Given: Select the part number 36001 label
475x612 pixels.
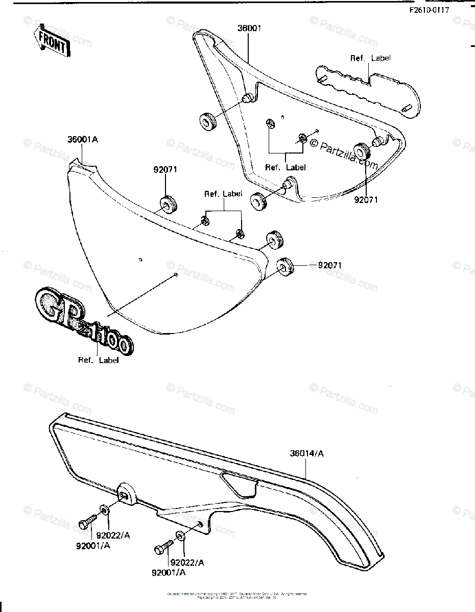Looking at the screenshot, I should [249, 29].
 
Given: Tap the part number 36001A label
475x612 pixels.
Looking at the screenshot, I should [82, 139].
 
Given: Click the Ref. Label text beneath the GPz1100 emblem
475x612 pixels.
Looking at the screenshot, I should [98, 360].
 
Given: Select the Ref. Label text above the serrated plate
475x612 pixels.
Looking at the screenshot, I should [370, 58].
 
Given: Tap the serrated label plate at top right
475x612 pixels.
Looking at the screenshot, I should [368, 90].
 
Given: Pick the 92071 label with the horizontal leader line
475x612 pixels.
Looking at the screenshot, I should [330, 265].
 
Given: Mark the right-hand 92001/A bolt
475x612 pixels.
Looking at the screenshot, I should [162, 549].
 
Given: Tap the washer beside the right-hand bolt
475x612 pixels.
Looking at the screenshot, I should [180, 535].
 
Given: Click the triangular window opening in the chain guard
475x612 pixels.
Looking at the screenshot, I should [237, 482].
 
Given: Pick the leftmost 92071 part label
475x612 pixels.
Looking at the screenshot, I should [164, 170].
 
